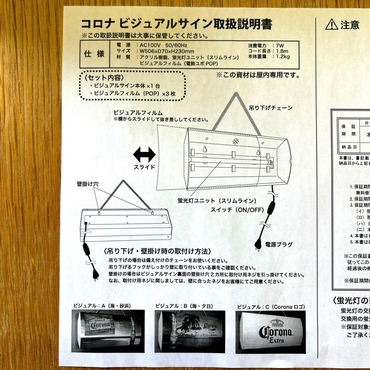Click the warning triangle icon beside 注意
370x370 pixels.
click(331, 24)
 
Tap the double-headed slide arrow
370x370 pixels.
click(144, 155)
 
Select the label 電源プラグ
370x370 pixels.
click(279, 244)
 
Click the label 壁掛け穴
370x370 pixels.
click(88, 184)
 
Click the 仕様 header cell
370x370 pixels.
click(94, 54)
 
